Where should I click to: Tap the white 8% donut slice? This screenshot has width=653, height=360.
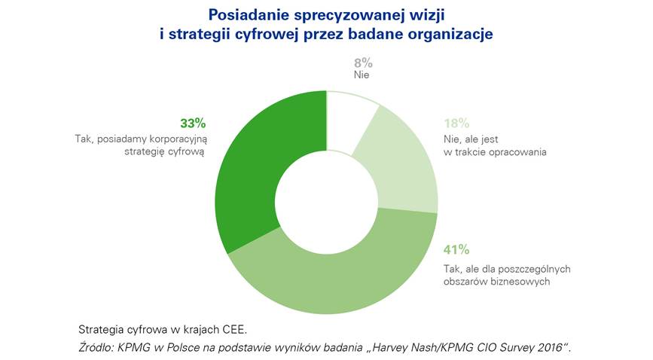tap(350, 113)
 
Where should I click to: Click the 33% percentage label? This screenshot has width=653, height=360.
tap(193, 124)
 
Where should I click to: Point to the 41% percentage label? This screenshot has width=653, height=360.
tap(456, 249)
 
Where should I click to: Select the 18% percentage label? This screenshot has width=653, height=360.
tap(456, 124)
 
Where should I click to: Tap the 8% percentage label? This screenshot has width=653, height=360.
tap(362, 63)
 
